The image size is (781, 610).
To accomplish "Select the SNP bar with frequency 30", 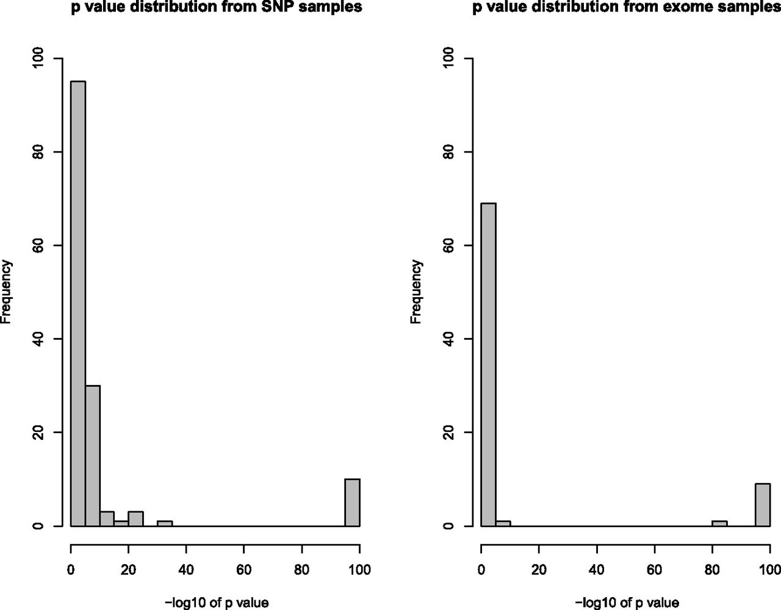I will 93,455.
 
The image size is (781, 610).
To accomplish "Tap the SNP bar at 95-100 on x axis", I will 352,502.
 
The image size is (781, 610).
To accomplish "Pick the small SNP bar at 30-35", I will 165,523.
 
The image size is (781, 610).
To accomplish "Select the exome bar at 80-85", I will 719,523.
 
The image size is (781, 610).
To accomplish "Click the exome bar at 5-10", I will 503,523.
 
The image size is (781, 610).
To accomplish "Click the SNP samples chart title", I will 217,7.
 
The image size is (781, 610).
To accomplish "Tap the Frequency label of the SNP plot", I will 7,292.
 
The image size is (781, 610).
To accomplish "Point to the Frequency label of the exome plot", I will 417,292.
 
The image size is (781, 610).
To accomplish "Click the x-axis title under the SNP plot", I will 217,603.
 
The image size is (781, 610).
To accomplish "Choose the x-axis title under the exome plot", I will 627,603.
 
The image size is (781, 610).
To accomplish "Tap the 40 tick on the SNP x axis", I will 186,570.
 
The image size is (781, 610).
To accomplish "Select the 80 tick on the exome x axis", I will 712,570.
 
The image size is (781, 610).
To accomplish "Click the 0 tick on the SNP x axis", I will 71,570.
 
